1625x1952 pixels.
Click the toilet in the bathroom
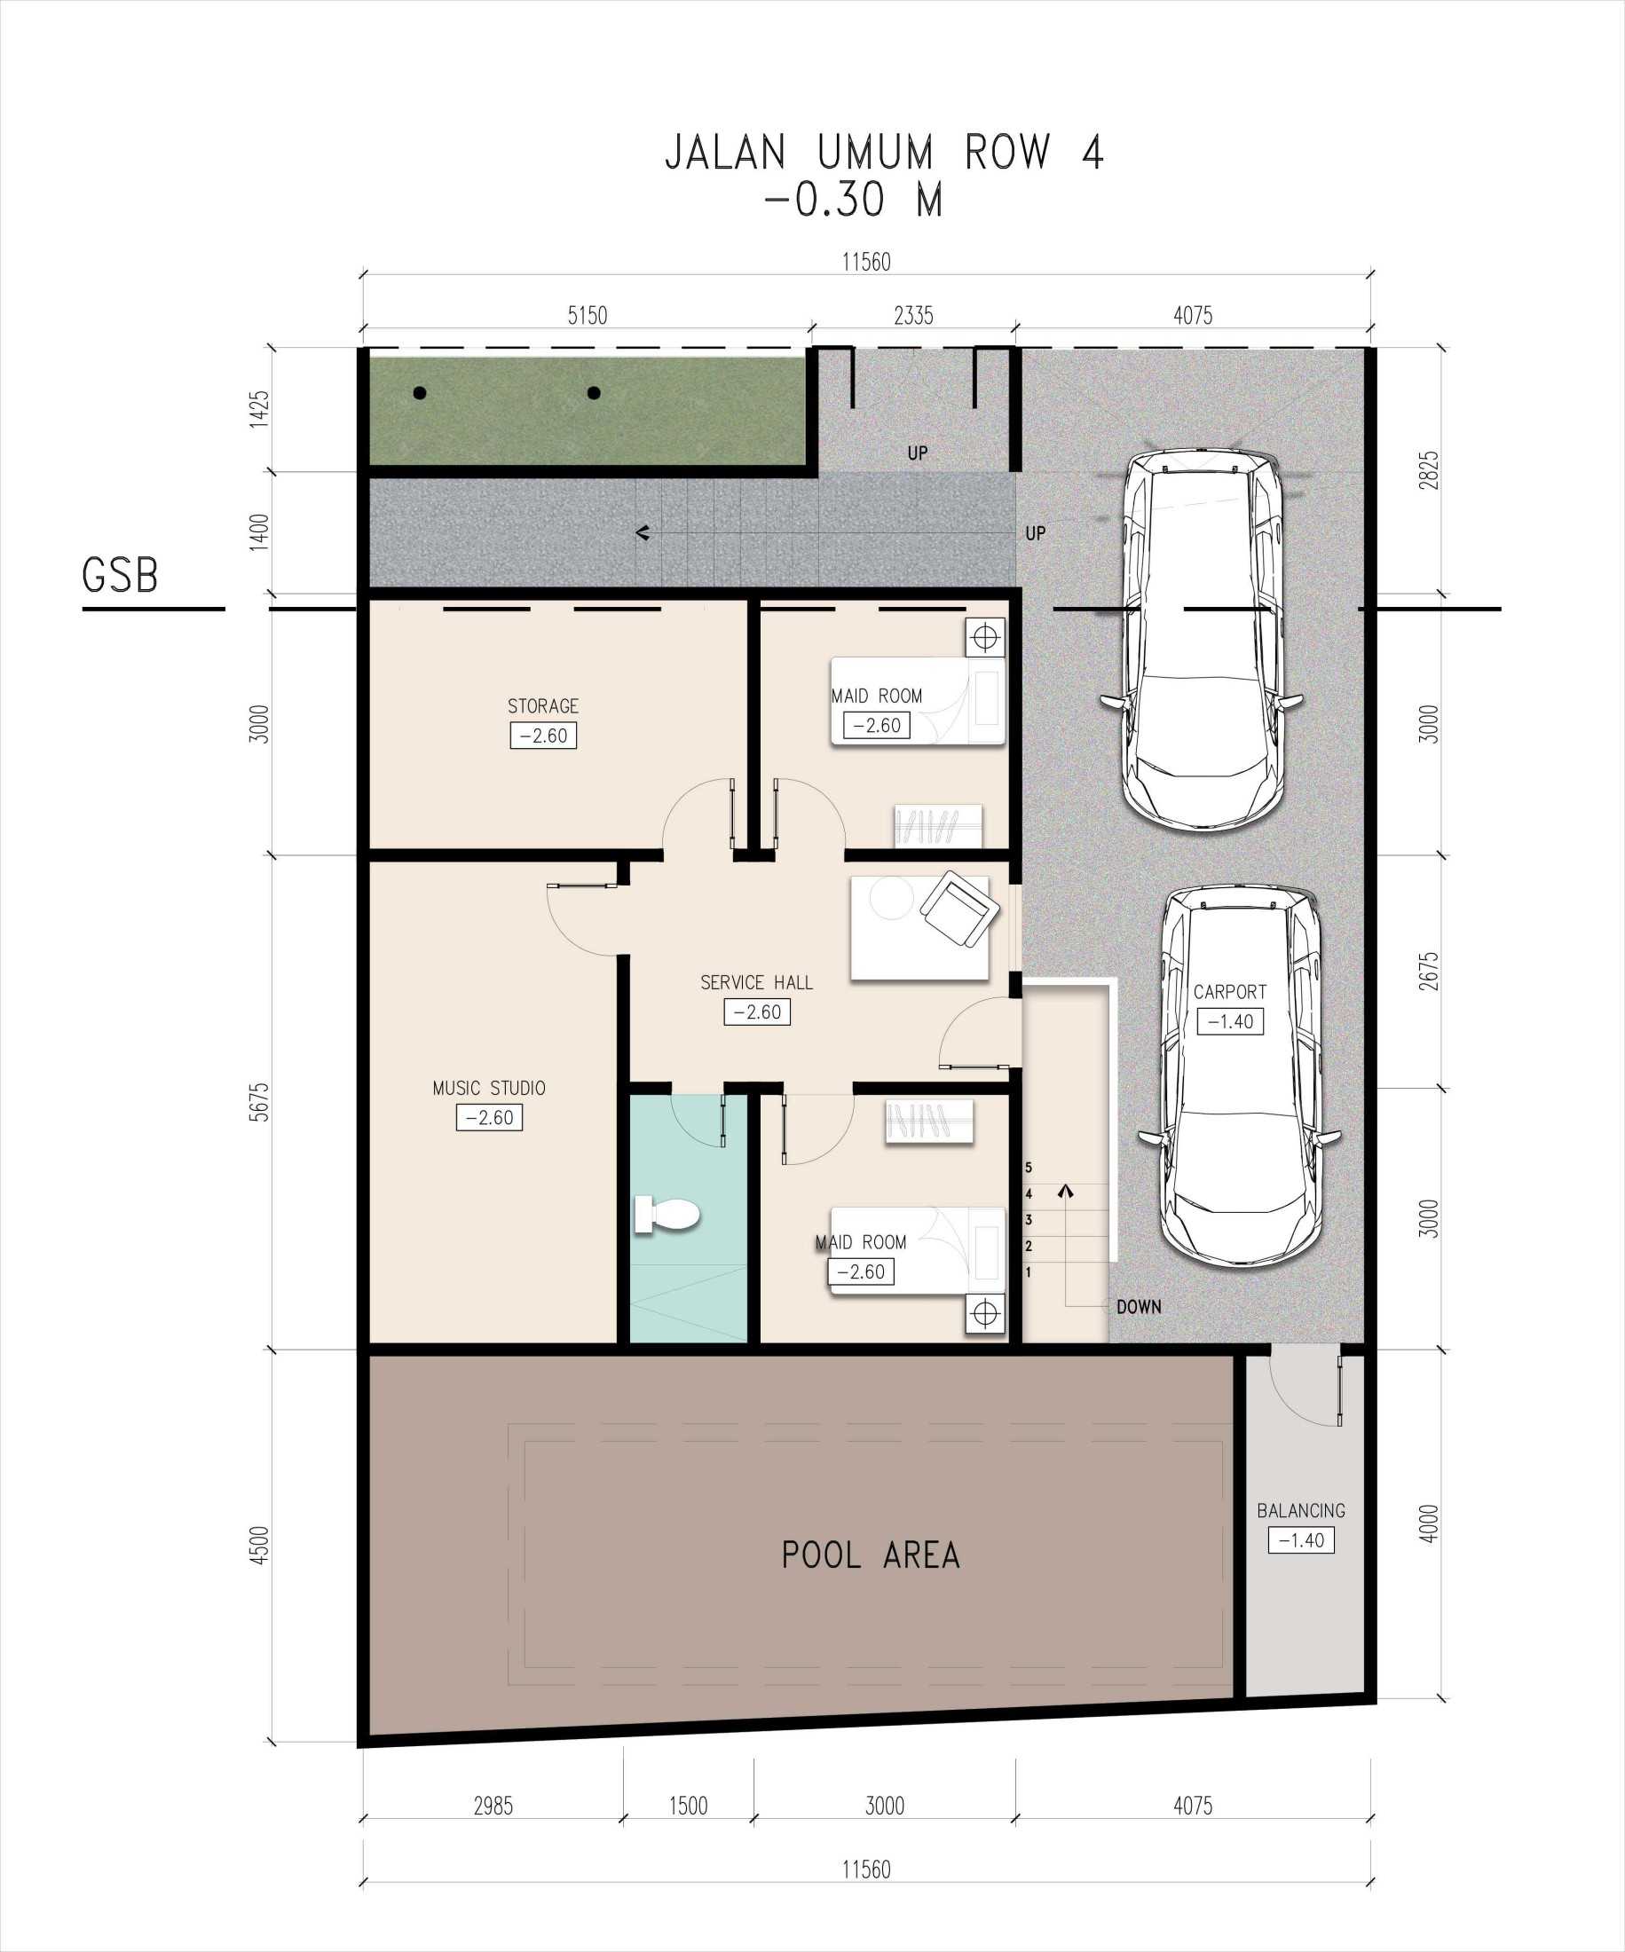coord(667,1214)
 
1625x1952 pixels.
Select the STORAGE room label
coord(543,706)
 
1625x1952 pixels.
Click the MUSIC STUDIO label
coord(489,1089)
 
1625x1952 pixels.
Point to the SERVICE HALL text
coord(757,982)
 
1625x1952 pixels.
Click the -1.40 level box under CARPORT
coord(1230,1021)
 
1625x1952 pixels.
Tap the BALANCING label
coord(1300,1510)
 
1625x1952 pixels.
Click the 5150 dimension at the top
coord(588,316)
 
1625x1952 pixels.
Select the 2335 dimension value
coord(913,316)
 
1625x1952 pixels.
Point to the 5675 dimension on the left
coord(259,1101)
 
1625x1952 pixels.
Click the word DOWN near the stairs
coord(1139,1307)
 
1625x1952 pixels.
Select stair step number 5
coord(1029,1168)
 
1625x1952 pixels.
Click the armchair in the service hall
coord(959,909)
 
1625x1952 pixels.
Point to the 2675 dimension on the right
coord(1429,971)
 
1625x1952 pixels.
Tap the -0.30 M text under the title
coord(854,200)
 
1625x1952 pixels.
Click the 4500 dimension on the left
coord(259,1545)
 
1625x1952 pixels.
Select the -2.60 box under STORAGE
coord(543,736)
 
